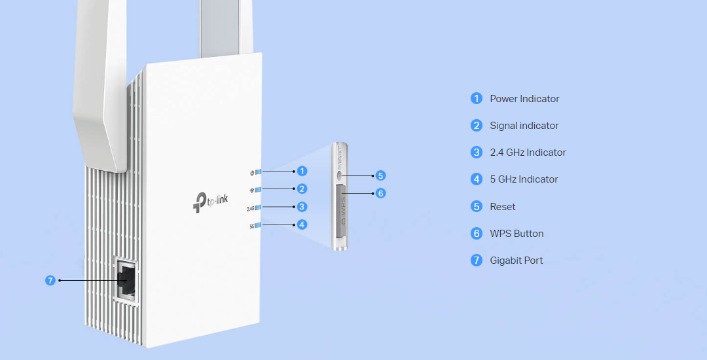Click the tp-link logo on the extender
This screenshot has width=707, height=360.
tap(212, 201)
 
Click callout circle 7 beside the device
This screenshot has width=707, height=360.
tap(51, 280)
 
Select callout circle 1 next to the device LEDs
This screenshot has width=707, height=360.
tap(302, 171)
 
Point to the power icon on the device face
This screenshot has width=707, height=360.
tap(252, 172)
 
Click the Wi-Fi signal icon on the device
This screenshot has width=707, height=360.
tap(251, 190)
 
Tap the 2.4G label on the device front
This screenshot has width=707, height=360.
tap(250, 208)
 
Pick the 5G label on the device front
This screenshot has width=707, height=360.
tap(251, 226)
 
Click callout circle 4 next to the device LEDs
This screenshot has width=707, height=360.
tap(302, 224)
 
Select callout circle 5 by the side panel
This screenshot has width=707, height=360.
tap(381, 175)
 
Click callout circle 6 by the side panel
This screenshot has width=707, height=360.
tap(381, 193)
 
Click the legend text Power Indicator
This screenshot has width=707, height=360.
tap(524, 99)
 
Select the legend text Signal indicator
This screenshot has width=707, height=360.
tap(524, 126)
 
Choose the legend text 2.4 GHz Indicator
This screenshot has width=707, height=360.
tap(528, 153)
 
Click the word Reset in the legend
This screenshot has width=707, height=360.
tap(503, 207)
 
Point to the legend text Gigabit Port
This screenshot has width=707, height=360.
tap(517, 261)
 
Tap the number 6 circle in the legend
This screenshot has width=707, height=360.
tap(477, 234)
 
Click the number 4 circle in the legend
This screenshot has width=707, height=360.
tap(477, 179)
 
